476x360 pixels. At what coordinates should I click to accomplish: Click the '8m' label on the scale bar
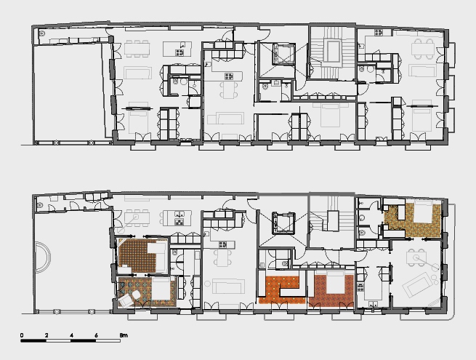124,335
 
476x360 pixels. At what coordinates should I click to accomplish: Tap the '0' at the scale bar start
22,335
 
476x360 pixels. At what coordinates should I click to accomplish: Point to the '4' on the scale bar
71,335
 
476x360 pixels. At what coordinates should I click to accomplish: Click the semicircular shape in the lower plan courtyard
43,257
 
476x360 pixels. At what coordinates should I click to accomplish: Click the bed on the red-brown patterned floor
335,282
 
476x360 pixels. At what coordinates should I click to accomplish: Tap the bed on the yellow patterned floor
423,211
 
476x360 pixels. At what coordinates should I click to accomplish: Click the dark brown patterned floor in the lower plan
137,255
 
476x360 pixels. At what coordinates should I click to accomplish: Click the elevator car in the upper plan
284,54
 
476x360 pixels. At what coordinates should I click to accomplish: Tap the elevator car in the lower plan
284,223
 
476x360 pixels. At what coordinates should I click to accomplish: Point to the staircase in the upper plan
332,54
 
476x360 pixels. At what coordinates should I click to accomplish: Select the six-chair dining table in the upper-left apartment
137,49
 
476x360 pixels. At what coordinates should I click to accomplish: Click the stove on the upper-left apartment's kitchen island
179,52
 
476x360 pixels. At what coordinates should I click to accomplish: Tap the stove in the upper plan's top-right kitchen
378,32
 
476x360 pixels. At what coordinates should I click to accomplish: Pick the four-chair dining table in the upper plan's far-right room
424,48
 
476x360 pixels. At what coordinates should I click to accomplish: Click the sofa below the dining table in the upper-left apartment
137,73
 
